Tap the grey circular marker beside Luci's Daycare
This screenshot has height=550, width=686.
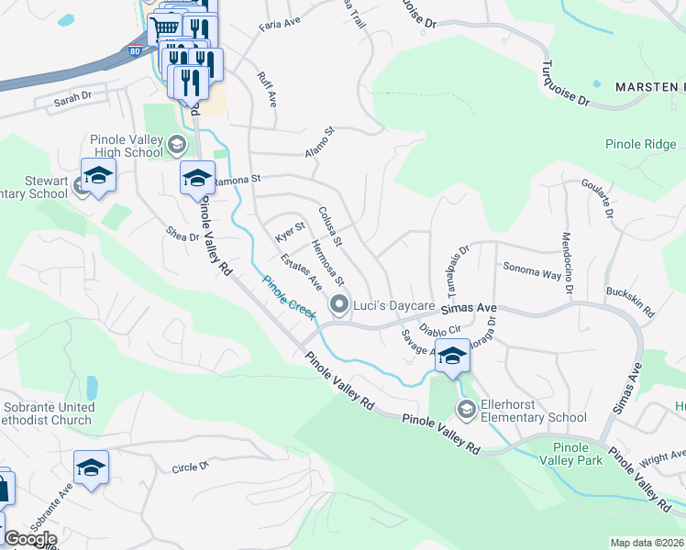339,304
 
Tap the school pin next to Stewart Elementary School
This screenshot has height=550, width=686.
98,175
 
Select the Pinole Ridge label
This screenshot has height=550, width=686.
640,144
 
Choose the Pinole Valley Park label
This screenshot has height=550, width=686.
578,453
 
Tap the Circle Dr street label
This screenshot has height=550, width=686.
190,467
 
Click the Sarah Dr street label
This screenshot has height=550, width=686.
74,95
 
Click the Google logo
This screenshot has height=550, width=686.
30,539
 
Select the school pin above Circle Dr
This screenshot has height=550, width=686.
91,467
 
